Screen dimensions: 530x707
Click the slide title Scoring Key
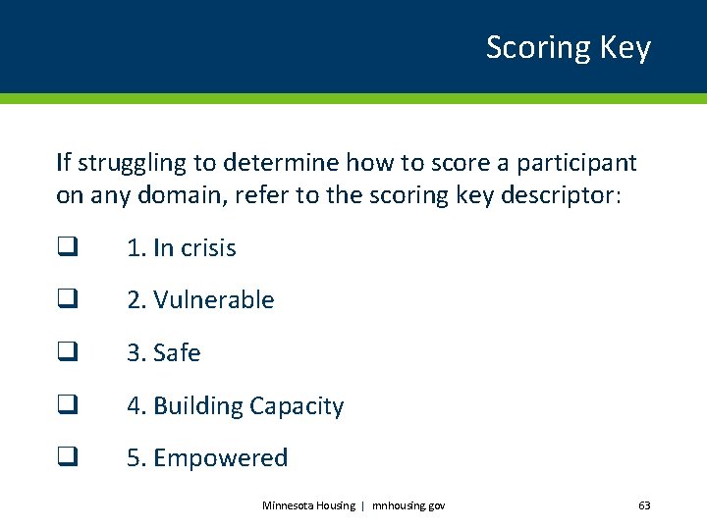tap(568, 47)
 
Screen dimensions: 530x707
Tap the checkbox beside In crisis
tap(66, 248)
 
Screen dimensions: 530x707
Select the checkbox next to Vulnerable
tap(66, 300)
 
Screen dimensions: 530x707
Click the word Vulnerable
tap(214, 300)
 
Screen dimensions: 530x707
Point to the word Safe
tap(177, 353)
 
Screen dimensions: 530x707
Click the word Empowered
tap(221, 458)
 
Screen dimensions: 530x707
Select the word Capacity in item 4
tap(297, 406)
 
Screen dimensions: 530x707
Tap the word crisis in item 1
tap(207, 248)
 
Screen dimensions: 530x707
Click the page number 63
tap(644, 505)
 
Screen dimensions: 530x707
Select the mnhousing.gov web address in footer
tap(408, 505)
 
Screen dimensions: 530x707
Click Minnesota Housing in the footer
tap(308, 505)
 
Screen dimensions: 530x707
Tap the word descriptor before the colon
tap(564, 195)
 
